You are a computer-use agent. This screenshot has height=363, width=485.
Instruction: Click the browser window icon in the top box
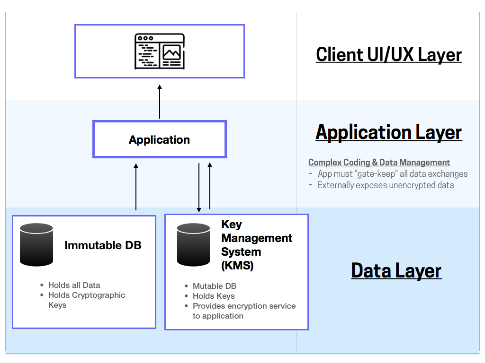pos(159,52)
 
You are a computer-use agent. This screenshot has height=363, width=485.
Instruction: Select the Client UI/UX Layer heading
pos(388,54)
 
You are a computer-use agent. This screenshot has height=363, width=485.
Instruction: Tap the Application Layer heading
pos(388,132)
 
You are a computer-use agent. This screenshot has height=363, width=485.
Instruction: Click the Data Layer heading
pos(396,270)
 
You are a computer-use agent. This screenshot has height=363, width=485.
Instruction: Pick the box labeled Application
pos(159,139)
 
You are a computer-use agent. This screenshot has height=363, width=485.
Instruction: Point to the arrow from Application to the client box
pos(160,102)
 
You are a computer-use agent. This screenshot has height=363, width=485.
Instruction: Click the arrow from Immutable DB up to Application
pos(136,186)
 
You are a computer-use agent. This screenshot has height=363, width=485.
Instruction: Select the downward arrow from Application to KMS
pos(199,187)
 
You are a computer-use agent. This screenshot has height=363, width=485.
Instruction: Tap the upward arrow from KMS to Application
pos(210,186)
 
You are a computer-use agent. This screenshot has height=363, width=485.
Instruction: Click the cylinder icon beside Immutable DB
pos(36,244)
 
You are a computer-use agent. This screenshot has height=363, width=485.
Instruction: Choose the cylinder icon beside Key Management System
pos(193,244)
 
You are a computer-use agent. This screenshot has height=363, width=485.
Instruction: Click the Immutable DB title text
pos(103,245)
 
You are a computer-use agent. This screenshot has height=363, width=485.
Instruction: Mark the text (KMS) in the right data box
pos(237,266)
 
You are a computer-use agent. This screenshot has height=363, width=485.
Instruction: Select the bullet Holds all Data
pos(74,285)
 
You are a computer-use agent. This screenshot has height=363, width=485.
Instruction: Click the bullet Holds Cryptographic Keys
pos(86,300)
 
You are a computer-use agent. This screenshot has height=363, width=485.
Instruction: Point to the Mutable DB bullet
pos(214,286)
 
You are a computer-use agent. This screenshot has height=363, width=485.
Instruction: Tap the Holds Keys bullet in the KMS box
pos(213,296)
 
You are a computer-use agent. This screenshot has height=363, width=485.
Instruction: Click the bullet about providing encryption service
pos(243,311)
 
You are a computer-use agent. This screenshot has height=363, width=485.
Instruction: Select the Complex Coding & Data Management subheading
pos(379,163)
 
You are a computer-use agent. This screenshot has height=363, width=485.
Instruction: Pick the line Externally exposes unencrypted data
pos(385,185)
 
